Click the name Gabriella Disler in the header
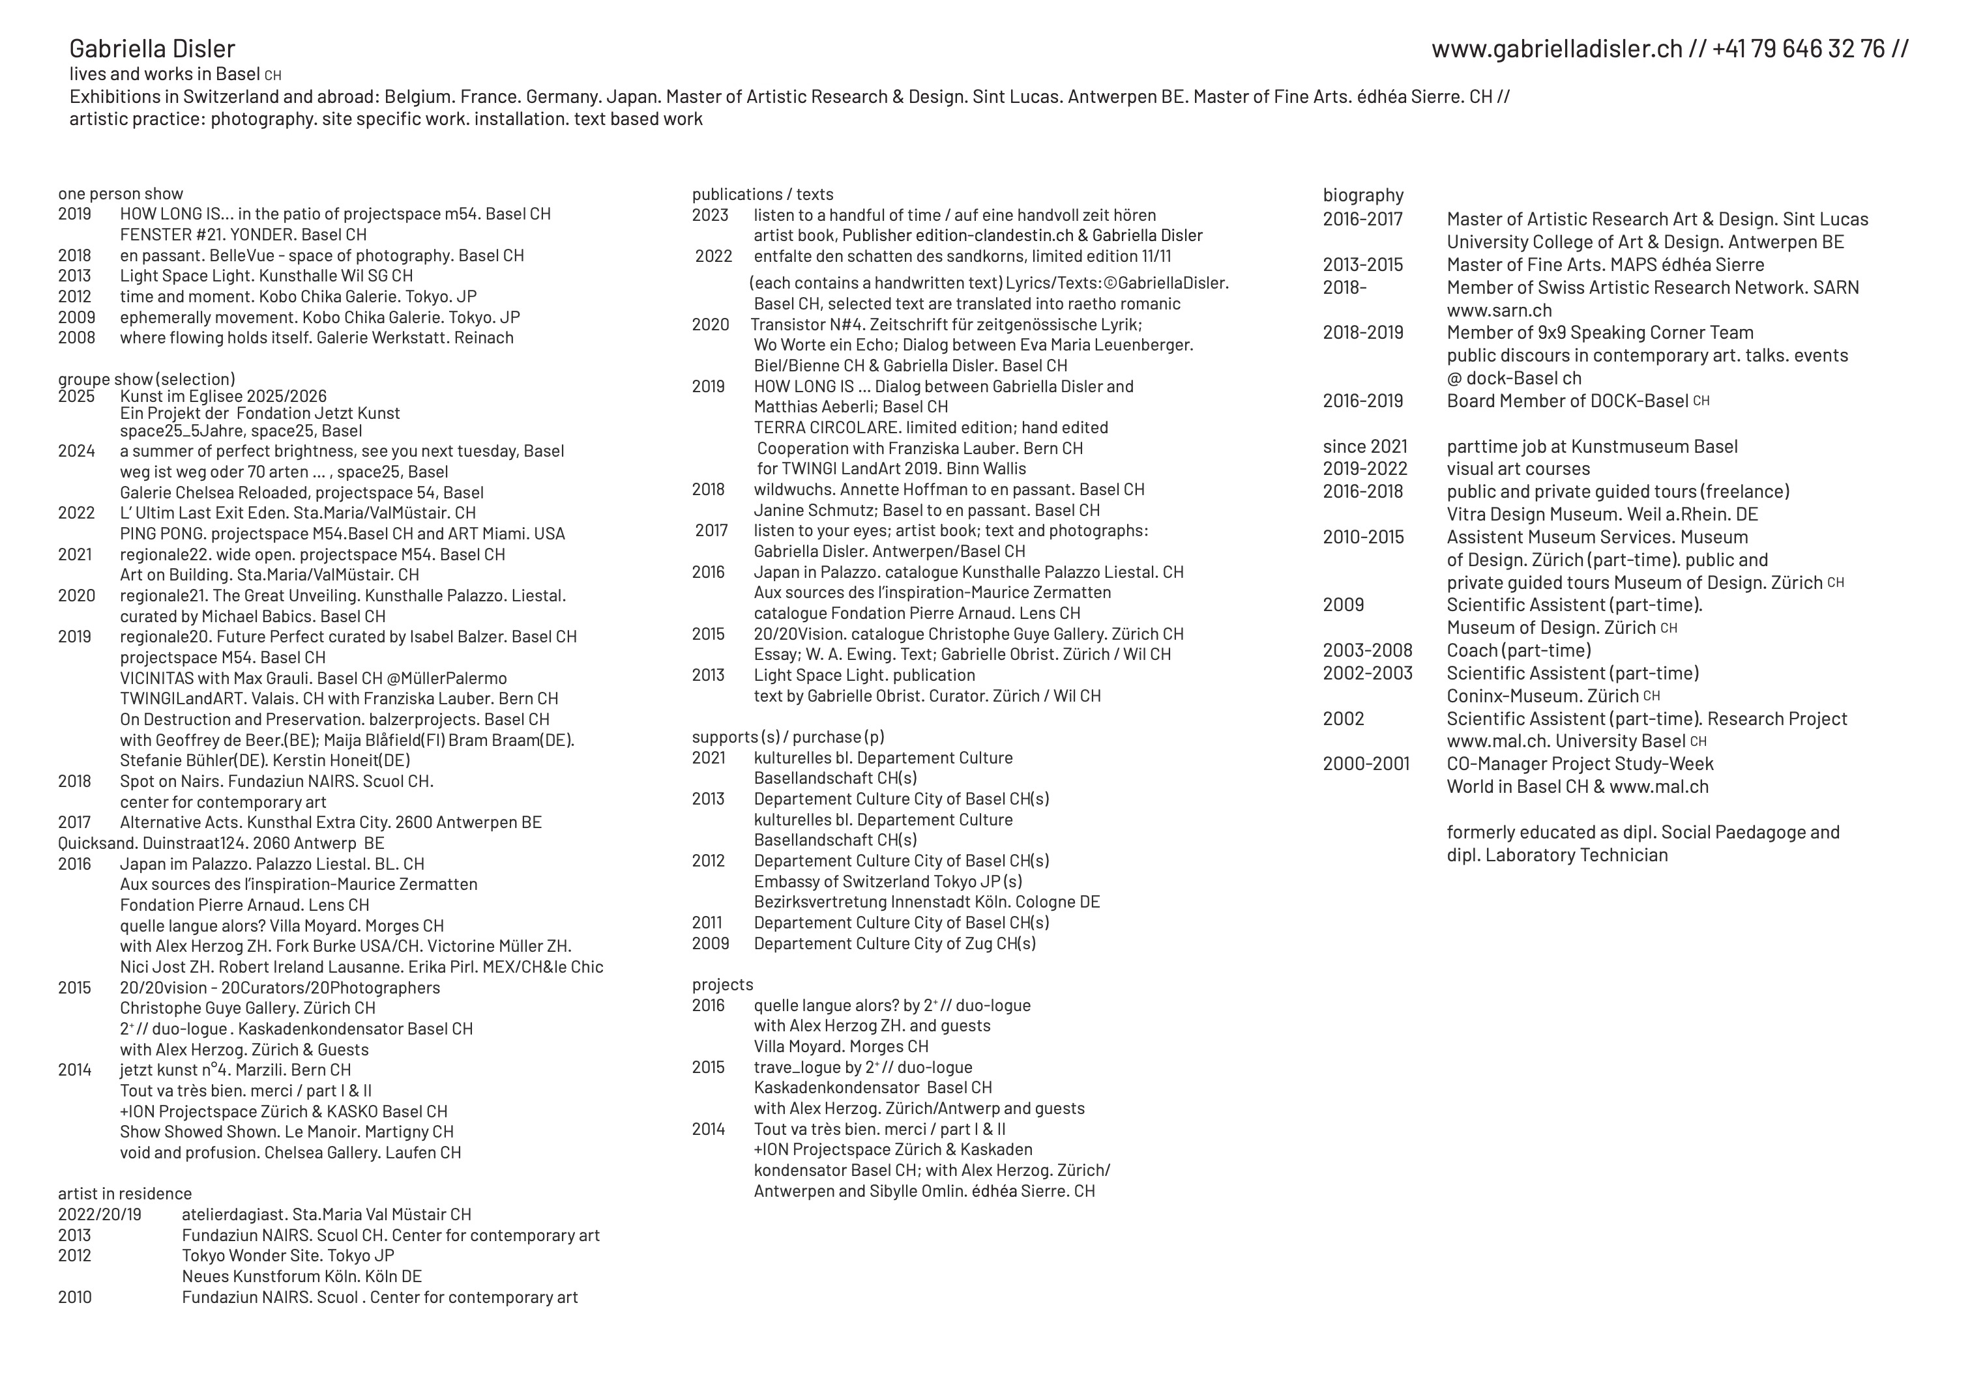[x=152, y=49]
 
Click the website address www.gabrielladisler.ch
[x=1557, y=49]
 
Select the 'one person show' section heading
[x=120, y=194]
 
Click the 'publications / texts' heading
[x=762, y=195]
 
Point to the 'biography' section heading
[x=1362, y=195]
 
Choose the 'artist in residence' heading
[x=125, y=1193]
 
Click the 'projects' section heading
[x=722, y=984]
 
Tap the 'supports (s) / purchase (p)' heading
[x=787, y=737]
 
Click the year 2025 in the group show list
[x=76, y=396]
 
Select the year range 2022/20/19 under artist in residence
[x=100, y=1214]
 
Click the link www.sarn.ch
[x=1499, y=311]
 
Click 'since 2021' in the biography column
[x=1364, y=447]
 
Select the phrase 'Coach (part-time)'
[x=1518, y=651]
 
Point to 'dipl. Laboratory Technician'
[x=1557, y=855]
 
